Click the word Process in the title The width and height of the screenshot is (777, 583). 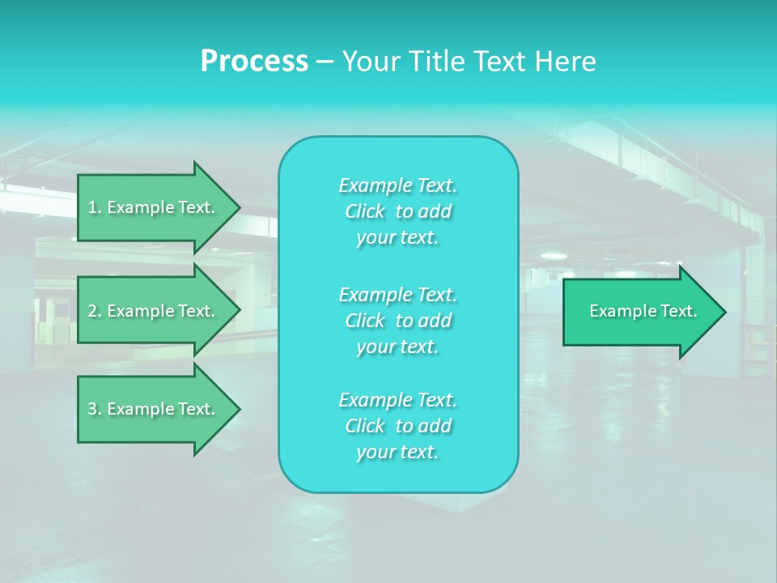pyautogui.click(x=254, y=62)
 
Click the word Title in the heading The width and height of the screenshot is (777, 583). pyautogui.click(x=437, y=62)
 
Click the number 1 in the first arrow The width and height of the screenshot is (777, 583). pyautogui.click(x=92, y=207)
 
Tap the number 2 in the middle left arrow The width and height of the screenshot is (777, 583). pyautogui.click(x=92, y=311)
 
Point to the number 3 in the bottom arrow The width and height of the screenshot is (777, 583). pyautogui.click(x=92, y=409)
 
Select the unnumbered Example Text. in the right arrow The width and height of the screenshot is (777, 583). pyautogui.click(x=643, y=311)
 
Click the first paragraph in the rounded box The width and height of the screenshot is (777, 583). pyautogui.click(x=397, y=211)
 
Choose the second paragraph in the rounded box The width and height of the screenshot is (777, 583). pyautogui.click(x=397, y=321)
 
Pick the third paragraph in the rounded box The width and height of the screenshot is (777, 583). pyautogui.click(x=397, y=426)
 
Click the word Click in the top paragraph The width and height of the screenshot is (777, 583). pyautogui.click(x=364, y=211)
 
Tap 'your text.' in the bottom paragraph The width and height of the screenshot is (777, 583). pyautogui.click(x=397, y=453)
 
